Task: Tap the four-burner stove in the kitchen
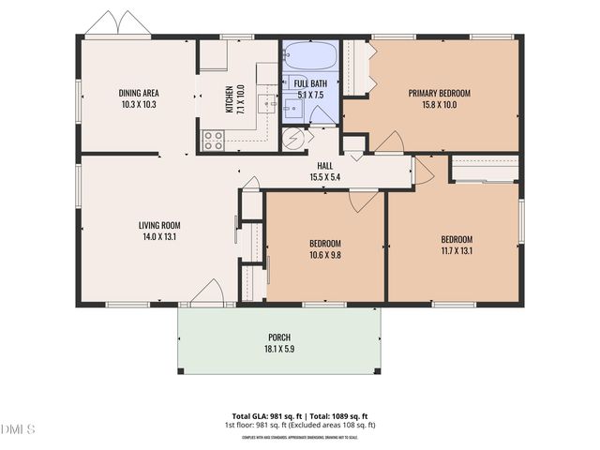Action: coord(214,141)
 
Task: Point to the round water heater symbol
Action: coord(294,140)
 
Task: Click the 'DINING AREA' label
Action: coord(138,93)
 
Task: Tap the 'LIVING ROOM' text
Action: coord(159,225)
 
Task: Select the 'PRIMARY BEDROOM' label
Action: coord(439,93)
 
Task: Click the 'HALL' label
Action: coord(324,166)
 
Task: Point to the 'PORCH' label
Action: coord(278,337)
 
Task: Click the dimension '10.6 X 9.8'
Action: coord(325,254)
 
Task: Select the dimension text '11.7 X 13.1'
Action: coord(457,250)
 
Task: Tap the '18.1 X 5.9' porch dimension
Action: coord(278,349)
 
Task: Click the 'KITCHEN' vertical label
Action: coord(229,100)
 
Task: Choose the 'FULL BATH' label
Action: coord(310,83)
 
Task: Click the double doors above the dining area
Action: coord(119,24)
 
